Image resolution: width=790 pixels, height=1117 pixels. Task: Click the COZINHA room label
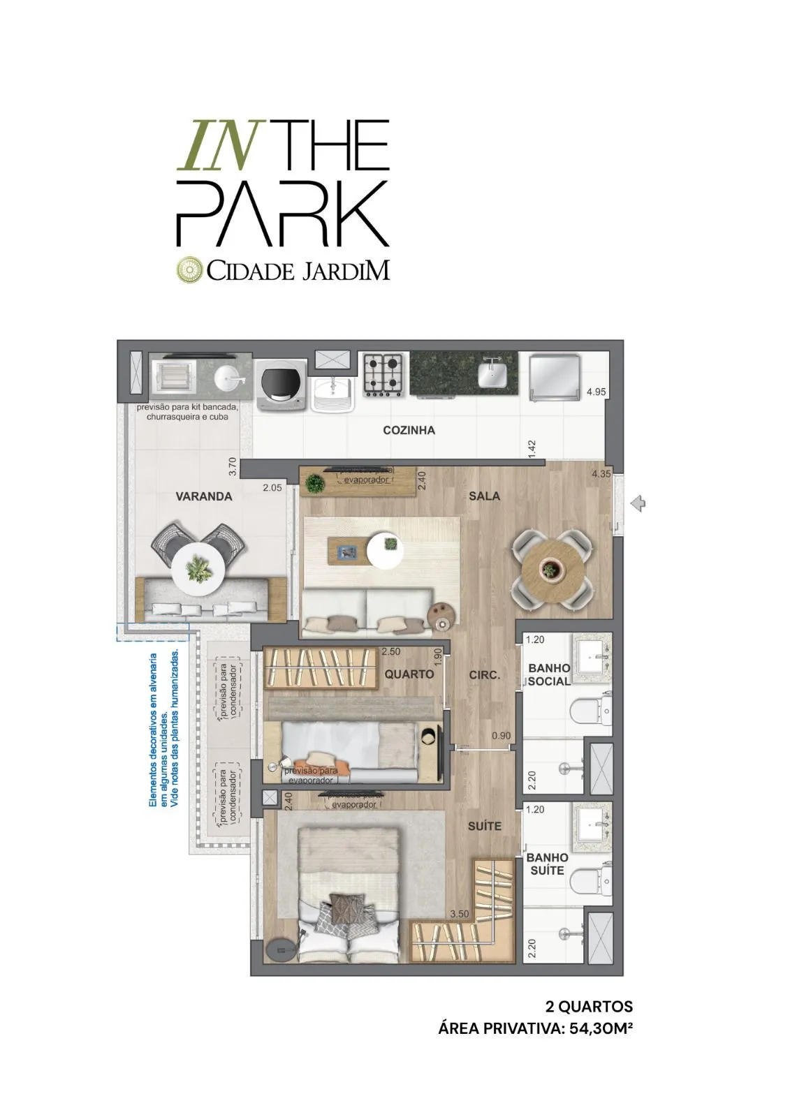click(409, 430)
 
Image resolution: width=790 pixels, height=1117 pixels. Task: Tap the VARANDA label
click(203, 496)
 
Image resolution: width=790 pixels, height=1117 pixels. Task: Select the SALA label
click(484, 495)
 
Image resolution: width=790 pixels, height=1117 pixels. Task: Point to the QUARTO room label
click(409, 674)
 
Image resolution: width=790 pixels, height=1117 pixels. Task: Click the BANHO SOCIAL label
click(549, 674)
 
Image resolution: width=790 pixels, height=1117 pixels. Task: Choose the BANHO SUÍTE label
click(548, 864)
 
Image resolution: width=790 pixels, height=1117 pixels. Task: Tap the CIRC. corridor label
click(484, 675)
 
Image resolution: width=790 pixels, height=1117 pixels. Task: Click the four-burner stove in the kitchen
click(383, 374)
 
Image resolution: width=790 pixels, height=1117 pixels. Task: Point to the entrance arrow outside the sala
click(637, 503)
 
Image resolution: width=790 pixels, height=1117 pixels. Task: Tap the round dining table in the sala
click(552, 569)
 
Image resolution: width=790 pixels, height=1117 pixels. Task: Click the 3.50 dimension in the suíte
click(460, 914)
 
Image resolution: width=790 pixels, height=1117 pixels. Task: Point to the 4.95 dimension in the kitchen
click(596, 392)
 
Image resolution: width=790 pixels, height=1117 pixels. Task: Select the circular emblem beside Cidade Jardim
click(189, 270)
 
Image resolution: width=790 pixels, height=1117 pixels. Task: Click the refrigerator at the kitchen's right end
click(555, 378)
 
